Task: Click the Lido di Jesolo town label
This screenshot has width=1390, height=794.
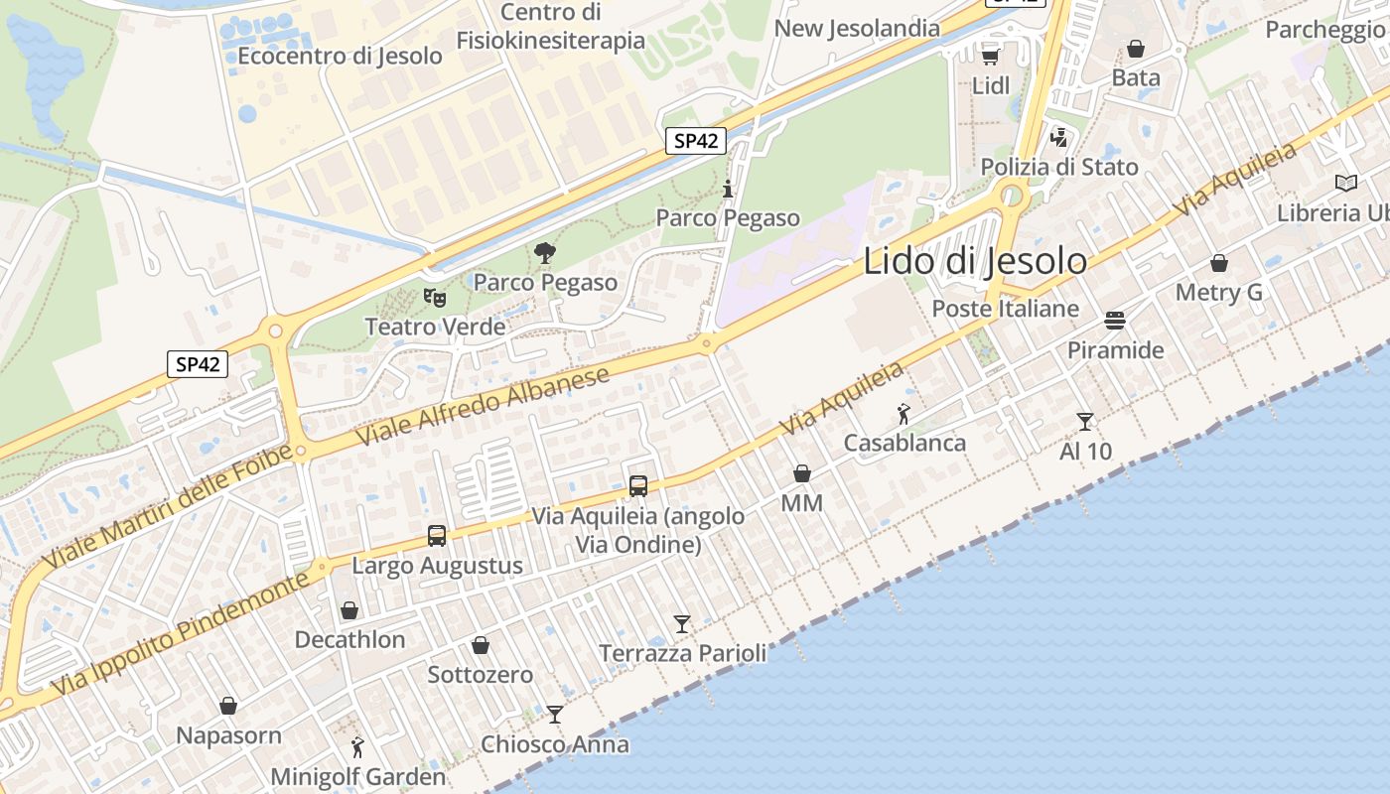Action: point(975,261)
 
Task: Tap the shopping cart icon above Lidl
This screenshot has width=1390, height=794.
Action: point(990,56)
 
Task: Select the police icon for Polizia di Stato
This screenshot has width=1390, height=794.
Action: point(1059,137)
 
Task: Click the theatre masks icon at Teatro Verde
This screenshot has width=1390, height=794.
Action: point(434,296)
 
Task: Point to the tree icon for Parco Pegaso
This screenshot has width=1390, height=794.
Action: point(544,253)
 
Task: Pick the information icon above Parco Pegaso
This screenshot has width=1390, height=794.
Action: point(728,189)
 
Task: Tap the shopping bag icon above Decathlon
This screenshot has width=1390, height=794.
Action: point(349,609)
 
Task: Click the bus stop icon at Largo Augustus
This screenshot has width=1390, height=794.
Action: point(437,536)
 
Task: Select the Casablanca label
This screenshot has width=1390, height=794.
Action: point(904,443)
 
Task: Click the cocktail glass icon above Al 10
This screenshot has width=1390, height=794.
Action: point(1085,422)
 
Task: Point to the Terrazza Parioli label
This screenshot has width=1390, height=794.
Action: point(683,653)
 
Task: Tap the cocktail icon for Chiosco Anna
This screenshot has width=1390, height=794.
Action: point(555,715)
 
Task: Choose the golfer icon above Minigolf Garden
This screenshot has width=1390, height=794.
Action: point(357,747)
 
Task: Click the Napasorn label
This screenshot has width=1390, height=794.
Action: point(228,735)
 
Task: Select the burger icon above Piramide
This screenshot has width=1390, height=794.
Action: point(1115,321)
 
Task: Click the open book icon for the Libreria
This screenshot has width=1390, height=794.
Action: point(1346,184)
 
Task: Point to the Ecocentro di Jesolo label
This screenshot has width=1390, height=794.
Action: point(340,57)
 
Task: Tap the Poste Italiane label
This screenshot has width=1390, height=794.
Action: point(1005,309)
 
